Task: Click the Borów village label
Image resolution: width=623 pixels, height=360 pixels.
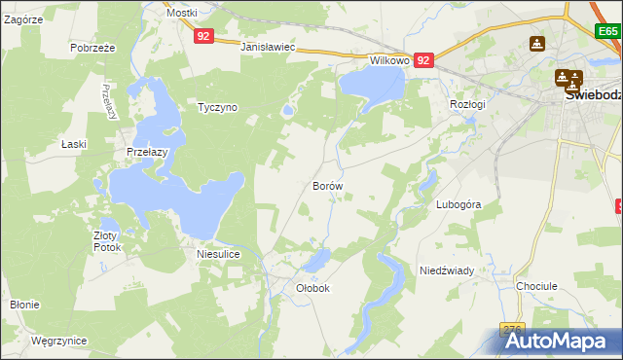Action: click(327, 185)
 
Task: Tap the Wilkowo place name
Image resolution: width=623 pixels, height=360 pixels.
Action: click(388, 60)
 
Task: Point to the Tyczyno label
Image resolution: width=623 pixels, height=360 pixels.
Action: click(217, 107)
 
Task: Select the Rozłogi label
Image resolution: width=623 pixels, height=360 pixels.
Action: click(468, 103)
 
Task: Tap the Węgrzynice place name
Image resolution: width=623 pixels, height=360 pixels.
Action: click(58, 342)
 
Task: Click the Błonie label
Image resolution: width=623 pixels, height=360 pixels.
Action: click(24, 305)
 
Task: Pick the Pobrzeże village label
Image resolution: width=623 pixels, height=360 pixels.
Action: click(93, 47)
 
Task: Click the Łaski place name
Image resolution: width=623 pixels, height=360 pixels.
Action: click(74, 144)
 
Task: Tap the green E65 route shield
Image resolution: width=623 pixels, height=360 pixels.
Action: click(608, 32)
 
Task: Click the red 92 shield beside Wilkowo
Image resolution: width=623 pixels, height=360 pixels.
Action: click(423, 60)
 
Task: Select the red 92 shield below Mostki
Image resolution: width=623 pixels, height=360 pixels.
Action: click(202, 36)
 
